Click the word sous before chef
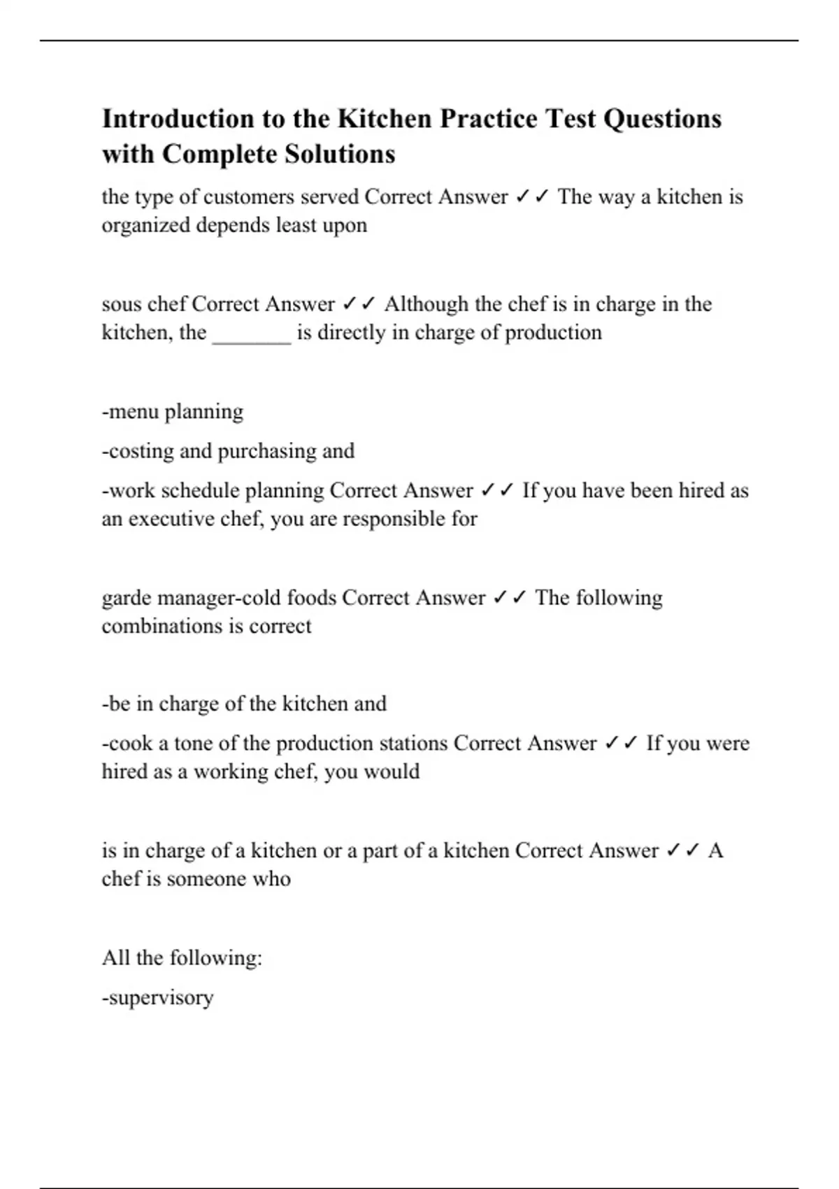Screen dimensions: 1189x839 [x=122, y=304]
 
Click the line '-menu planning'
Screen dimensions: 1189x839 [x=173, y=412]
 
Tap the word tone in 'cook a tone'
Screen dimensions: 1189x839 [x=196, y=743]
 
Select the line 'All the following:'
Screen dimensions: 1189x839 [x=182, y=957]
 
